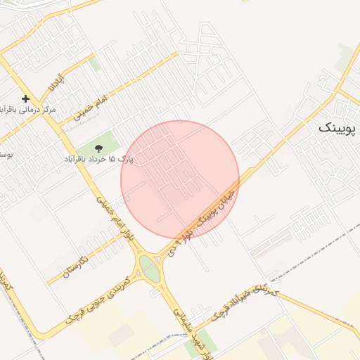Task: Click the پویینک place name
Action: (337, 128)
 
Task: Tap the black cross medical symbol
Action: (26, 99)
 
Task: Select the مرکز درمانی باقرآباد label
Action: (28, 110)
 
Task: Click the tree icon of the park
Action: (99, 148)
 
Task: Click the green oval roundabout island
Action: (150, 268)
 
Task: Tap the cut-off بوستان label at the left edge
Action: (6, 153)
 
